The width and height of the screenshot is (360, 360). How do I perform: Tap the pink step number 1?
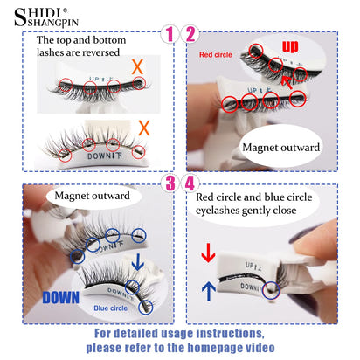(170, 34)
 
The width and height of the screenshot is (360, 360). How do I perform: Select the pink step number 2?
(190, 34)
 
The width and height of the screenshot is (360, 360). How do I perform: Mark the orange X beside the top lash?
(138, 66)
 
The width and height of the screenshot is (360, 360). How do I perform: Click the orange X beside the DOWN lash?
(144, 128)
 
